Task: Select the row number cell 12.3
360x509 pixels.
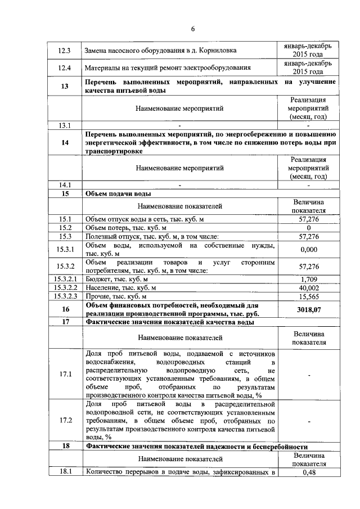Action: [65, 50]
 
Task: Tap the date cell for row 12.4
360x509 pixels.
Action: [308, 68]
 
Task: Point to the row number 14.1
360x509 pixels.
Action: [65, 184]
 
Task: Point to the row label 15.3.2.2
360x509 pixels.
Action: [65, 287]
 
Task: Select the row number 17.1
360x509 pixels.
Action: [65, 374]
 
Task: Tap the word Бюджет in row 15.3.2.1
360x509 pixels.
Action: [97, 279]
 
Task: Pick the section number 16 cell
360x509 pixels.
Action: [65, 309]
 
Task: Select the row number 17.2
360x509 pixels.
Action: [65, 420]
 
